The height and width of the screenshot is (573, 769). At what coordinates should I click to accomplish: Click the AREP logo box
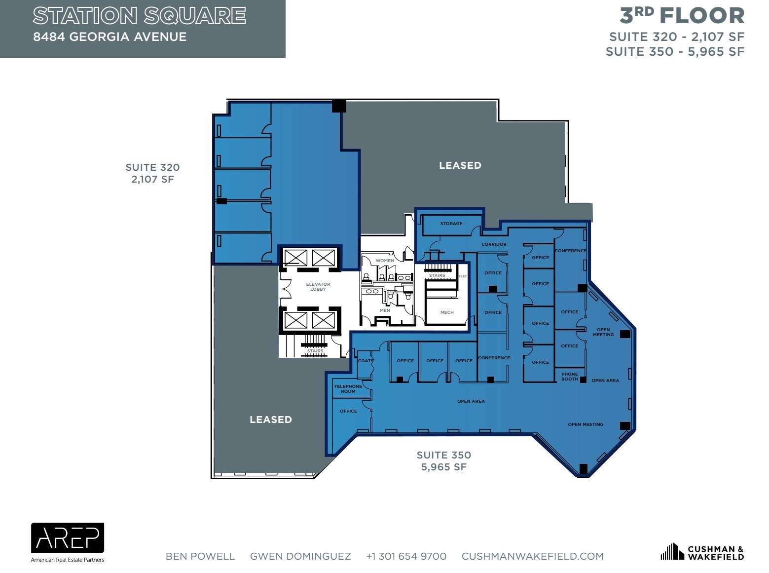[68, 537]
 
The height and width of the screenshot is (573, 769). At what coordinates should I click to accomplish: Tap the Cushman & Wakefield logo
[702, 552]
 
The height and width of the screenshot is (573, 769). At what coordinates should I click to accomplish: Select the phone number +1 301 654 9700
[406, 556]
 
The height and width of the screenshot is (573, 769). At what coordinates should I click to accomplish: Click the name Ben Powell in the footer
[200, 556]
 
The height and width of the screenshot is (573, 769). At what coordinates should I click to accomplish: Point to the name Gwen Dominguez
[300, 556]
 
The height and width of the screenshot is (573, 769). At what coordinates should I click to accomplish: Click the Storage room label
[451, 224]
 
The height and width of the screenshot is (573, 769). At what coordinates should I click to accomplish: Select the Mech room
[447, 312]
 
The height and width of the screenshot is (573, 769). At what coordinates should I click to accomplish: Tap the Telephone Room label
[348, 389]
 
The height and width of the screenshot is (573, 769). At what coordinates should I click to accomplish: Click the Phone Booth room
[569, 377]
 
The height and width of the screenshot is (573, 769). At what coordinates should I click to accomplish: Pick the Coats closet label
[366, 361]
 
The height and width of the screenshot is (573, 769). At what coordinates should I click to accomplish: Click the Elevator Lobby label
[318, 287]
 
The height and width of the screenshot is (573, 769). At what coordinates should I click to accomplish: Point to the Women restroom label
[385, 261]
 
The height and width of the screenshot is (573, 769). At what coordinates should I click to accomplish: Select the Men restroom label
[385, 310]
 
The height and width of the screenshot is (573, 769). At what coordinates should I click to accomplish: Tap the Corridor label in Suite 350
[494, 244]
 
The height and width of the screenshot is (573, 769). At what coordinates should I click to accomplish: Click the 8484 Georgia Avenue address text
[110, 37]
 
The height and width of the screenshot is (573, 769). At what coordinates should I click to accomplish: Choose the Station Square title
[139, 16]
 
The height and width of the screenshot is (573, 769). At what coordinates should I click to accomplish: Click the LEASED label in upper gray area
[460, 165]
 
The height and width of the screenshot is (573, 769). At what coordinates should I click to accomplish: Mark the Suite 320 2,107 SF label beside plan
[152, 173]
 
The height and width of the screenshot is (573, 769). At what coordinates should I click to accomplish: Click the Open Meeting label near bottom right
[585, 424]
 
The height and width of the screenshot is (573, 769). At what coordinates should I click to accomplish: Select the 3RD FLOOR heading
[682, 16]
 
